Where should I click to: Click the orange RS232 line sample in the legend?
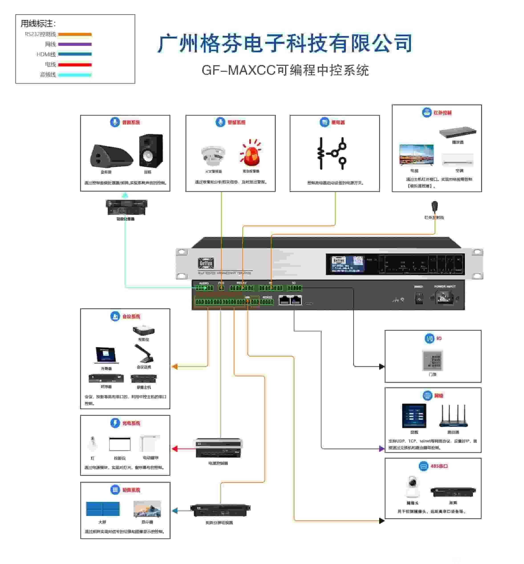[x=75, y=34]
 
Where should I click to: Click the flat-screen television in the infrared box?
[x=416, y=155]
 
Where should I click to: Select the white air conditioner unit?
[x=457, y=160]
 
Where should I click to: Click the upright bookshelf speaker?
[x=151, y=151]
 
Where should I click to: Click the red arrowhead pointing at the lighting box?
[x=175, y=449]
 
